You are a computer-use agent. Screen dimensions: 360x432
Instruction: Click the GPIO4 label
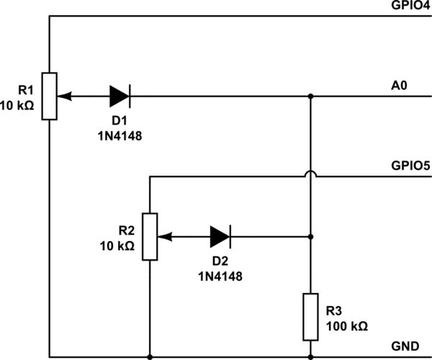tap(410, 6)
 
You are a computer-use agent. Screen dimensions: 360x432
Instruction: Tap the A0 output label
tap(400, 86)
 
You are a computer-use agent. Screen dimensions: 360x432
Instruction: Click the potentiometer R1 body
tap(49, 95)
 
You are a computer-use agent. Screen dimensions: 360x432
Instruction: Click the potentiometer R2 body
tap(149, 236)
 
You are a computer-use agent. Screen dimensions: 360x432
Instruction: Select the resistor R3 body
tap(310, 316)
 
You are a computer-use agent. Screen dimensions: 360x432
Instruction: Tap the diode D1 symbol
tap(120, 95)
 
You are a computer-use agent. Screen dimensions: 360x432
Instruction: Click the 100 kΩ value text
tap(346, 326)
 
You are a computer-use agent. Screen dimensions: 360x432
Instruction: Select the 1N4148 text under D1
tap(119, 134)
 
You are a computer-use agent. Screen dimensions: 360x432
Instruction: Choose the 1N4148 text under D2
tap(220, 275)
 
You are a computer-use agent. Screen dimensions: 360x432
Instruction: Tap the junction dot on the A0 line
tap(310, 95)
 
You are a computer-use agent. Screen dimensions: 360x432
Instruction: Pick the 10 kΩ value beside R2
tap(117, 246)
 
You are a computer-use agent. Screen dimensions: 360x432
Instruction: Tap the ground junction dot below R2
tap(149, 356)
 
